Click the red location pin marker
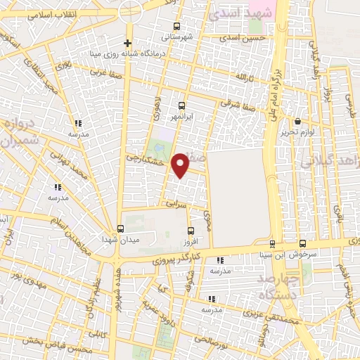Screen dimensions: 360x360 (x=181, y=165)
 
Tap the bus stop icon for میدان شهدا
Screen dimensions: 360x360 (x=120, y=229)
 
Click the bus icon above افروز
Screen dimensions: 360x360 (x=191, y=230)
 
